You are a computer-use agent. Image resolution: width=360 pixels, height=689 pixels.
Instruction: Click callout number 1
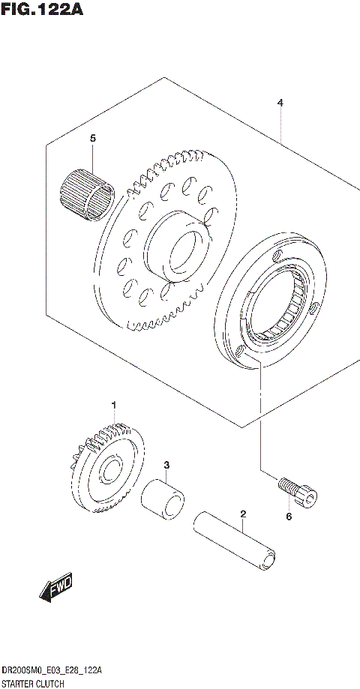pos(114,406)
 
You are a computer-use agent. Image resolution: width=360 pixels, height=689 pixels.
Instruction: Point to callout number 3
pos(166,465)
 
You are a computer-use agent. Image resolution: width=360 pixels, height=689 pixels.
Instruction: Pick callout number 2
pos(243,514)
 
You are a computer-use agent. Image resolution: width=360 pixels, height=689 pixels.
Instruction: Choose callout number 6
pos(289,517)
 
